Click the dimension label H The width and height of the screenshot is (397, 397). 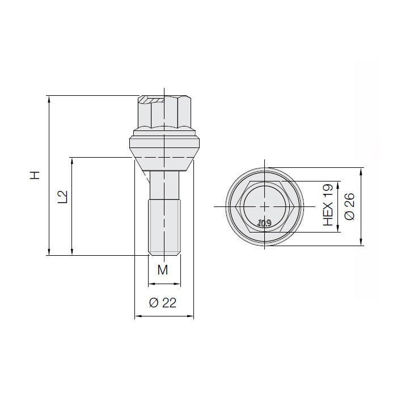pos(36,175)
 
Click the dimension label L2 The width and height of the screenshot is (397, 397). pos(63,197)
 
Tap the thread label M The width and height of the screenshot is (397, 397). pos(163,270)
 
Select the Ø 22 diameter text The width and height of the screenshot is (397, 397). pos(163,303)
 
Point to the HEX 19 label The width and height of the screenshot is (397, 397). pos(327,206)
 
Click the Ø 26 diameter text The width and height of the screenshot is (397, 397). pos(350,206)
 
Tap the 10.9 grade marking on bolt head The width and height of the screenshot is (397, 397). pos(264,223)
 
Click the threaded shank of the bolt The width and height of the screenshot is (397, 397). pos(164,227)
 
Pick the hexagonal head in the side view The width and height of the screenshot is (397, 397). pos(164,113)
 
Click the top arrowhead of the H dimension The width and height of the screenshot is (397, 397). pos(50,100)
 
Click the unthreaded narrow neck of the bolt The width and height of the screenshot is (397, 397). pos(164,184)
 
